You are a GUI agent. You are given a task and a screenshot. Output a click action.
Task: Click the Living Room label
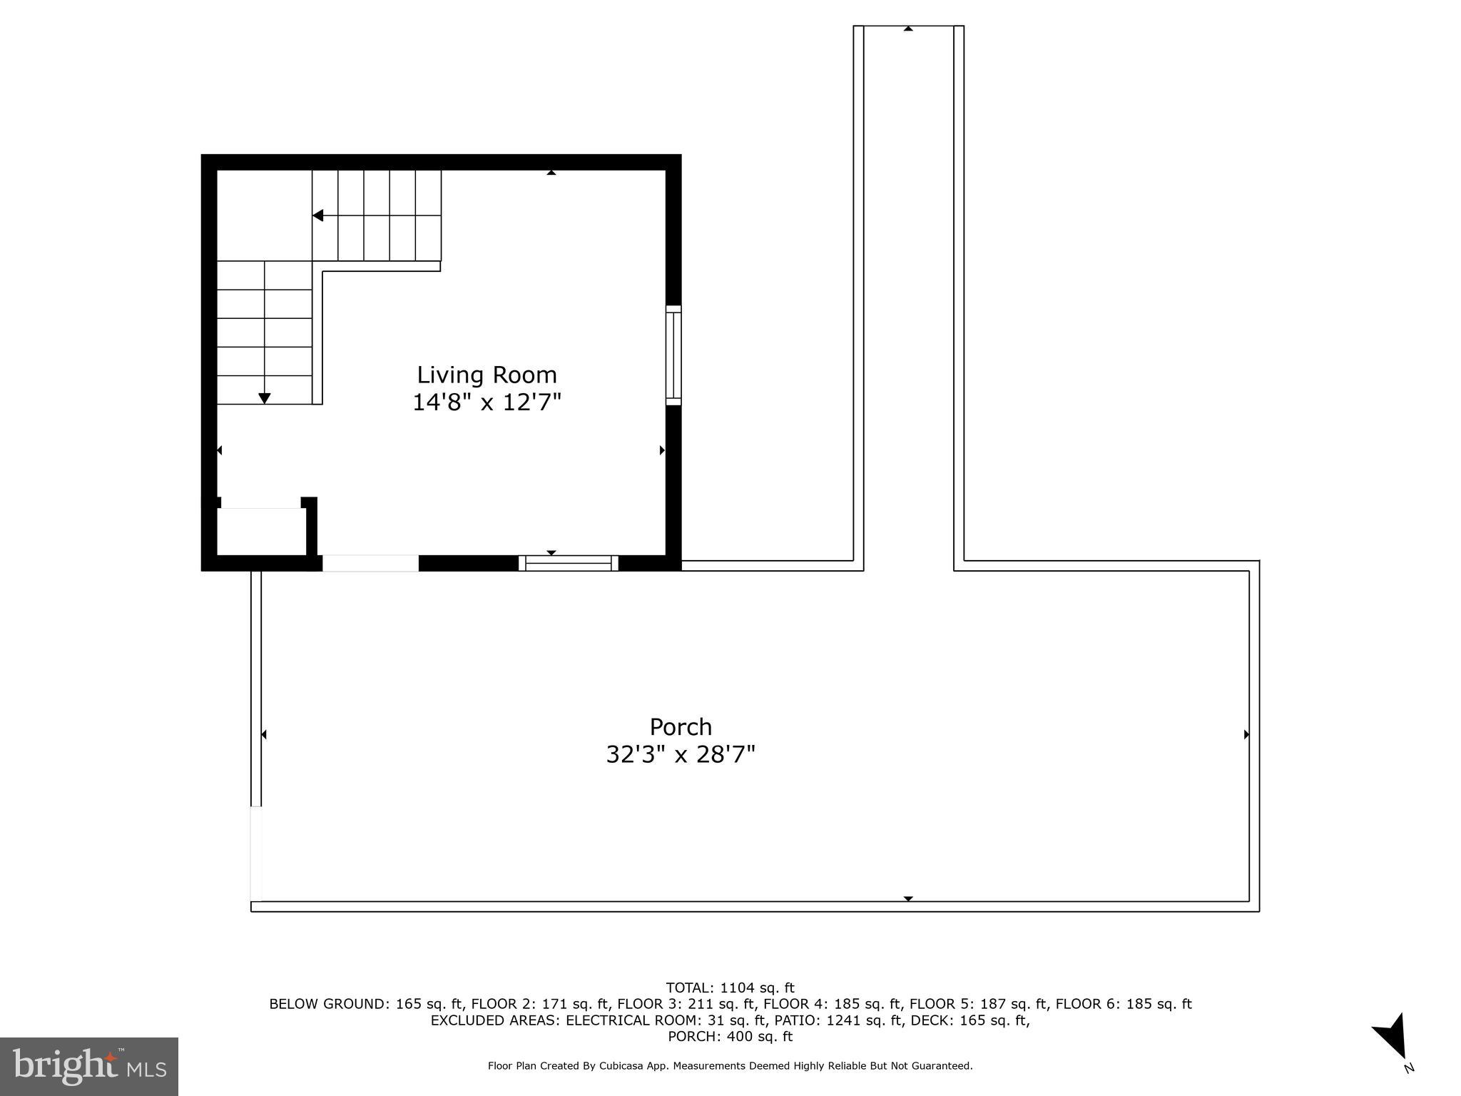[x=487, y=375]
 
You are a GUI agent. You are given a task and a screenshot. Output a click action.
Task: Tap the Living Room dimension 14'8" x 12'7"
[x=487, y=402]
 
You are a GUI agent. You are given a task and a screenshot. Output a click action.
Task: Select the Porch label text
[x=681, y=726]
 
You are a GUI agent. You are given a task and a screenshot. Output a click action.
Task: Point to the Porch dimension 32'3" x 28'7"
[x=681, y=754]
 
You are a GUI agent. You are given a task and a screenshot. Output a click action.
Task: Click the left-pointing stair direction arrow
[x=318, y=215]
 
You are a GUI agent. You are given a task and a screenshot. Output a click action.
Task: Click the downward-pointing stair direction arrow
[x=265, y=398]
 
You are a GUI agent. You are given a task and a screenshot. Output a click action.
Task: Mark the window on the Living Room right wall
[x=673, y=355]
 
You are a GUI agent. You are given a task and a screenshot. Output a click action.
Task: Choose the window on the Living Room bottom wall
[x=569, y=563]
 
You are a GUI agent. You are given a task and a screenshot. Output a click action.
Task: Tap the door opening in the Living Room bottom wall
[x=370, y=563]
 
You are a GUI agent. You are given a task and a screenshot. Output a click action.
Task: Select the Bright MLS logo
[x=89, y=1067]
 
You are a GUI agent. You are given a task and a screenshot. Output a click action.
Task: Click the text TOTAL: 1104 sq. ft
[x=730, y=988]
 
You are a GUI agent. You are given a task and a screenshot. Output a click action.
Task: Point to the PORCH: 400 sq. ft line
[x=730, y=1036]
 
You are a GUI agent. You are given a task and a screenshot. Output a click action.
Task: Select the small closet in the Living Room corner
[x=262, y=532]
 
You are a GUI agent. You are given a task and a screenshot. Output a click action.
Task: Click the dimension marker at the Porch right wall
[x=1246, y=734]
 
